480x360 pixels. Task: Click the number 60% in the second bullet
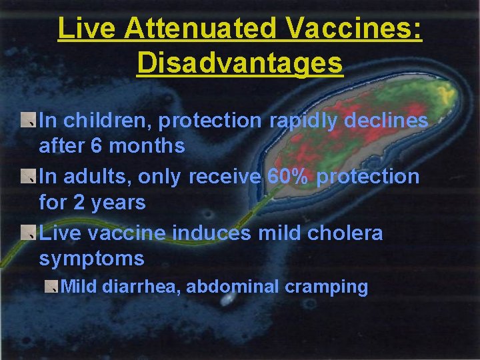[289, 177]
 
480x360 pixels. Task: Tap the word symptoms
[91, 259]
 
